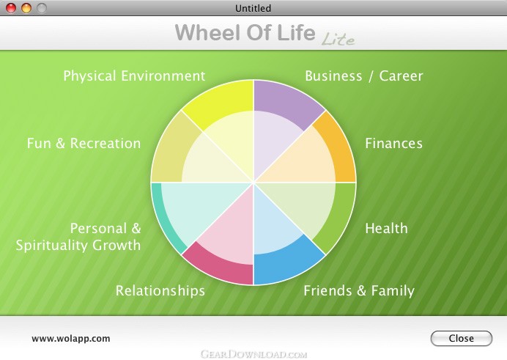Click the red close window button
pyautogui.click(x=11, y=8)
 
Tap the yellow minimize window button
pyautogui.click(x=26, y=8)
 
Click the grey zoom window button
pyautogui.click(x=41, y=8)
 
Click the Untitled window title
pyautogui.click(x=253, y=8)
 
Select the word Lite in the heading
pyautogui.click(x=338, y=40)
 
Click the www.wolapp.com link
pyautogui.click(x=71, y=339)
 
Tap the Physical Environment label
pyautogui.click(x=134, y=76)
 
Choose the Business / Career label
pyautogui.click(x=363, y=76)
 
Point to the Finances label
pyautogui.click(x=393, y=143)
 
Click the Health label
pyautogui.click(x=386, y=228)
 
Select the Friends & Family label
pyautogui.click(x=359, y=291)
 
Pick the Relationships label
pyautogui.click(x=160, y=291)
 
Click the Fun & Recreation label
pyautogui.click(x=84, y=143)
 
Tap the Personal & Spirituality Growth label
pyautogui.click(x=78, y=237)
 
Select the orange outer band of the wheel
pyautogui.click(x=339, y=149)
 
